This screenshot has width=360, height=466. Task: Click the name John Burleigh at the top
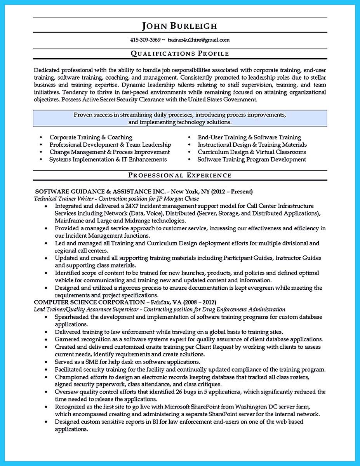(x=179, y=26)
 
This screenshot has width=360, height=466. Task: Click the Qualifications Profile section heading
(x=179, y=54)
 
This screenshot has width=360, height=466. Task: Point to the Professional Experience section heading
(x=179, y=175)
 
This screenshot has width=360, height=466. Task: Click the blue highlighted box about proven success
(x=180, y=118)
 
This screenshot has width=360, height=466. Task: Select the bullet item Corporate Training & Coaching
(x=91, y=137)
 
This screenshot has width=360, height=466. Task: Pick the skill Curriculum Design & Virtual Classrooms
(x=252, y=152)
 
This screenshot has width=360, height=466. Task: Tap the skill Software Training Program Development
(x=252, y=159)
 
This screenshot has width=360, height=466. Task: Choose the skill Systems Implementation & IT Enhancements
(x=108, y=159)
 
